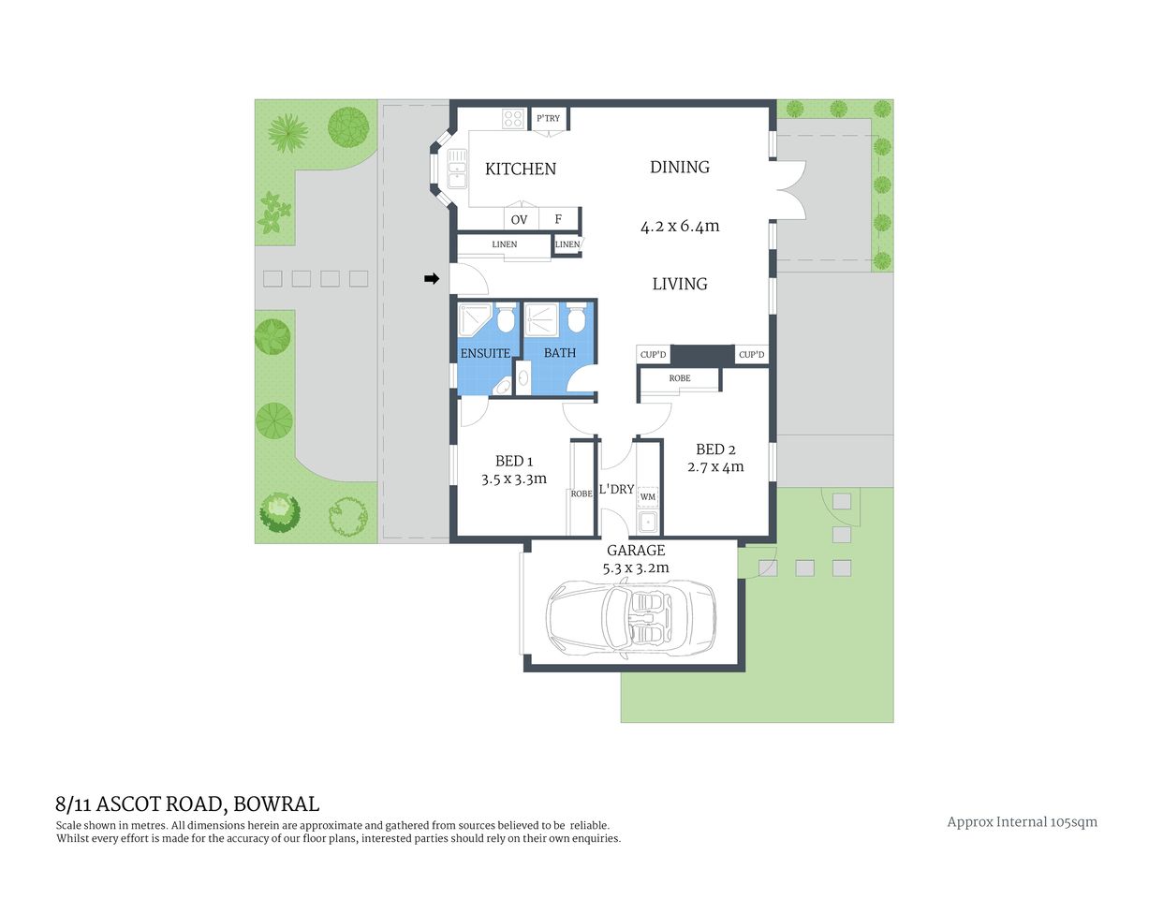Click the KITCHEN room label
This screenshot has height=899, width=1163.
coord(521,169)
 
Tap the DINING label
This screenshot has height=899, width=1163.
coord(680,168)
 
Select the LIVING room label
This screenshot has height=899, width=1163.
coord(680,284)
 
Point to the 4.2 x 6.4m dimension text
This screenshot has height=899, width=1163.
coord(680,226)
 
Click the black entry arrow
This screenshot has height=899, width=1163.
coord(432,278)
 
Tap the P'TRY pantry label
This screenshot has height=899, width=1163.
coord(549,119)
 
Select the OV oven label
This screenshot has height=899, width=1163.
coord(519,220)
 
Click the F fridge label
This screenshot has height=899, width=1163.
coord(558,220)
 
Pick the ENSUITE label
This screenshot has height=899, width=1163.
coord(485,353)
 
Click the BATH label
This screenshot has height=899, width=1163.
coord(560,353)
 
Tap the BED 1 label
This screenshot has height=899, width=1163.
coord(514,461)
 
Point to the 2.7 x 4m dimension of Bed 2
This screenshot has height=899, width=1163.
coord(715,467)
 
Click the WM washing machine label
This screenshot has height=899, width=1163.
coord(648,496)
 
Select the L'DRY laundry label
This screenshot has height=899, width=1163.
coord(616,489)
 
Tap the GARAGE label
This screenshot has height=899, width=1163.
coord(636,551)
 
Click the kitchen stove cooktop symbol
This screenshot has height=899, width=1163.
coord(513,119)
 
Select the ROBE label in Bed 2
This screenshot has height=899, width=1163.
coord(680,378)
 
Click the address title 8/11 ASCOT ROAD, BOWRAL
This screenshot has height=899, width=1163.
coord(187,803)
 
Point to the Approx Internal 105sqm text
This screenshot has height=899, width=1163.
coord(1022,822)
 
